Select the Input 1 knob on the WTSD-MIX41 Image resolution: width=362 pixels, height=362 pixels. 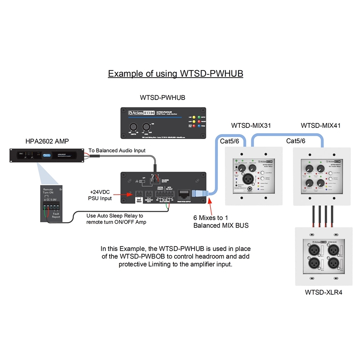click(309, 168)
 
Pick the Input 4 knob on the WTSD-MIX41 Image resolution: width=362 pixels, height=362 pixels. click(320, 183)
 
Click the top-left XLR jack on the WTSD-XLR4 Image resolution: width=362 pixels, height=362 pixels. click(312, 250)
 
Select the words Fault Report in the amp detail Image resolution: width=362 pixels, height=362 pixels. click(56, 215)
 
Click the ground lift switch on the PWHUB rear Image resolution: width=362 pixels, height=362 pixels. click(136, 181)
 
